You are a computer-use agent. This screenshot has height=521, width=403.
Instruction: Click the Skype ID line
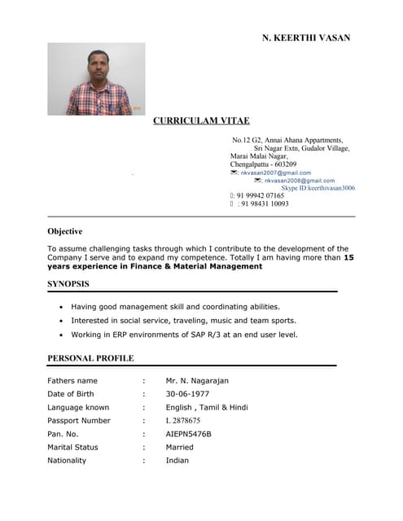pos(318,188)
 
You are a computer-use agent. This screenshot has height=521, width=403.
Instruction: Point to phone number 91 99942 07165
pos(261,196)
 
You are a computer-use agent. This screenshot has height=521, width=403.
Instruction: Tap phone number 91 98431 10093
pos(263,204)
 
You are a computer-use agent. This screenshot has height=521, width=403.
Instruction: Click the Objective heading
pos(65,231)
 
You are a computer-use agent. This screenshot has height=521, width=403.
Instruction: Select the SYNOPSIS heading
pos(68,284)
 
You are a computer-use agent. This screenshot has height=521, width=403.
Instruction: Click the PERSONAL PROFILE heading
pos(90,358)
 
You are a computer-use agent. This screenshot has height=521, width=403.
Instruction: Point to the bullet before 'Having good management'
pos(63,307)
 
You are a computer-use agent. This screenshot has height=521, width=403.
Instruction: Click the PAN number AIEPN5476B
pos(188,434)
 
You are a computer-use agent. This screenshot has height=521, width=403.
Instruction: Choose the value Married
pos(179,447)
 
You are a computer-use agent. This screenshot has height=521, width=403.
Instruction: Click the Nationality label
pos(67,460)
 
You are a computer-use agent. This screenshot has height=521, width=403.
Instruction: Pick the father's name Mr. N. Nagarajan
pos(197,380)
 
